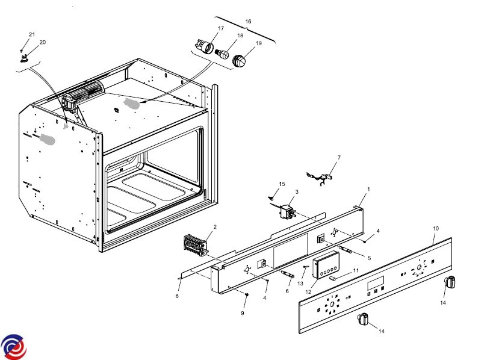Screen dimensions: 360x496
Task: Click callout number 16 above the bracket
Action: (x=247, y=21)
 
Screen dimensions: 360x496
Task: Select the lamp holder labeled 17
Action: (x=205, y=46)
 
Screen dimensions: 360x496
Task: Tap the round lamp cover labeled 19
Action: (x=240, y=61)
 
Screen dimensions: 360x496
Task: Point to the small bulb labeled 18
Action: (x=223, y=54)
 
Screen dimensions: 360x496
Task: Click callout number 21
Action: (x=32, y=34)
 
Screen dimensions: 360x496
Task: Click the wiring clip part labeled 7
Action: (x=324, y=176)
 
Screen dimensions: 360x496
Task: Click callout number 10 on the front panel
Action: (x=436, y=229)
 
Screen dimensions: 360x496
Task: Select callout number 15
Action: (x=282, y=183)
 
